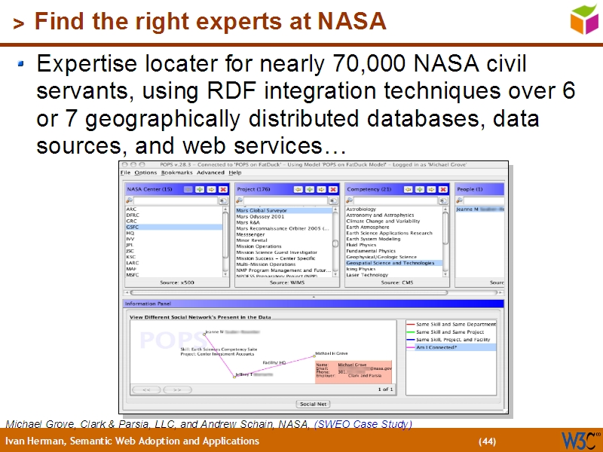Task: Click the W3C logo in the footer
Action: coord(582,440)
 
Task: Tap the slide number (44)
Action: coord(488,441)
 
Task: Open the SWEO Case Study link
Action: coord(363,424)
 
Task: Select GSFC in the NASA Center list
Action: coord(133,227)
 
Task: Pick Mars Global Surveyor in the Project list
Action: coord(262,210)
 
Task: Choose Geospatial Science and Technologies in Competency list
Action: coord(390,263)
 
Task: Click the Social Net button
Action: coord(313,405)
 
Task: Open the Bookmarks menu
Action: coord(176,173)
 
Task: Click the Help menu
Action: coord(235,173)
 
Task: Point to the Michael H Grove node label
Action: coord(331,353)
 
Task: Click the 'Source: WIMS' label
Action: coord(288,282)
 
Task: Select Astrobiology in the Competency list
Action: coord(361,209)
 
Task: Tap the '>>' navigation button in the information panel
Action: coord(176,389)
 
